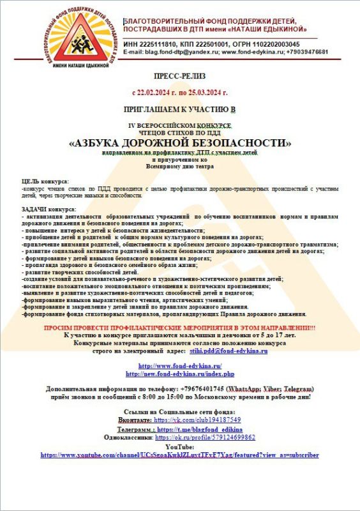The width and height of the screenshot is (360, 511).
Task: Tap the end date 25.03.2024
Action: (x=207, y=93)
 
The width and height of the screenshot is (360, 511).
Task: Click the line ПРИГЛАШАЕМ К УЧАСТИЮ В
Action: (x=179, y=111)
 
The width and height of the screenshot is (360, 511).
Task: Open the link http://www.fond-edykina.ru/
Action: (x=179, y=365)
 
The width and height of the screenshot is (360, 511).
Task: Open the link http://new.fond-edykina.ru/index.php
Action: (x=180, y=373)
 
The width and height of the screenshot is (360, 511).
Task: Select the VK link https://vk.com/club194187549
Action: (x=197, y=420)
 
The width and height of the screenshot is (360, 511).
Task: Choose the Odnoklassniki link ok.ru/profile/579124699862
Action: (x=206, y=438)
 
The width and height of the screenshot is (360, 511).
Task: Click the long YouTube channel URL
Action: (x=179, y=455)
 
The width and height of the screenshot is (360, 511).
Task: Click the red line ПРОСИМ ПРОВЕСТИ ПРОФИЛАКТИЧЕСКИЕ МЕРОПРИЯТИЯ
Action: (x=179, y=328)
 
